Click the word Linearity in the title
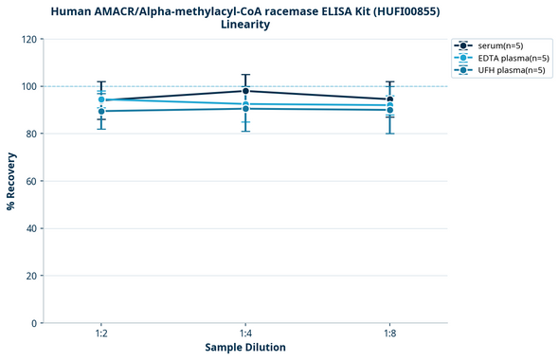pyautogui.click(x=244, y=25)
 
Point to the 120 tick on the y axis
pyautogui.click(x=29, y=40)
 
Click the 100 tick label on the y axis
pyautogui.click(x=29, y=87)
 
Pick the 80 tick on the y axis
pyautogui.click(x=31, y=135)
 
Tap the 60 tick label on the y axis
pyautogui.click(x=31, y=182)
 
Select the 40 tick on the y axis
pyautogui.click(x=31, y=229)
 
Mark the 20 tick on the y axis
pyautogui.click(x=31, y=277)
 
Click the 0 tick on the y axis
pyautogui.click(x=34, y=324)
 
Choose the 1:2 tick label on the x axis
pyautogui.click(x=101, y=333)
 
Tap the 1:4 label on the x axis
pyautogui.click(x=245, y=333)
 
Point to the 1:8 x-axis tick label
pyautogui.click(x=389, y=333)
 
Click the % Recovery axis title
pyautogui.click(x=11, y=181)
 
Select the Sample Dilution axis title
pyautogui.click(x=245, y=348)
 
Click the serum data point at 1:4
pyautogui.click(x=245, y=91)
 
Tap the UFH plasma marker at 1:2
pyautogui.click(x=101, y=111)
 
